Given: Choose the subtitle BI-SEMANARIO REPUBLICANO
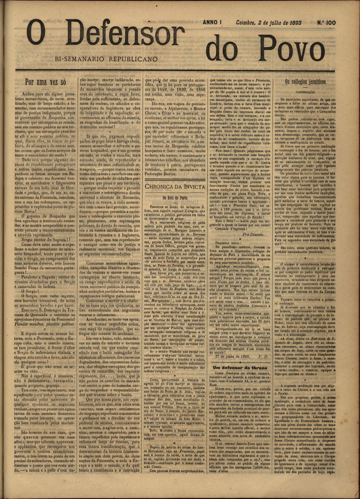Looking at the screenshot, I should pos(106,59).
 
